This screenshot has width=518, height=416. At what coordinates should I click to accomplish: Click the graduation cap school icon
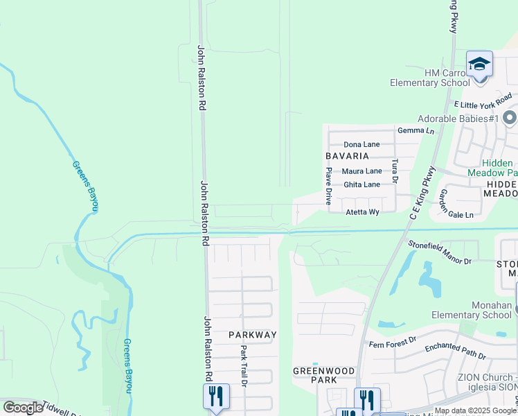click(479, 65)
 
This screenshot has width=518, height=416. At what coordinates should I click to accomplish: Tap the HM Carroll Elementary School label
click(429, 78)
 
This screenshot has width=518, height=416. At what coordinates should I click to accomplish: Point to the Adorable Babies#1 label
click(458, 119)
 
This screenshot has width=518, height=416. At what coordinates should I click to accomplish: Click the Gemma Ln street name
click(416, 130)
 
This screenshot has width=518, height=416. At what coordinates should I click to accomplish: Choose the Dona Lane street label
click(362, 144)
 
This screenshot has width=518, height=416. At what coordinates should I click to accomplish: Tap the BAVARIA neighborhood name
click(348, 157)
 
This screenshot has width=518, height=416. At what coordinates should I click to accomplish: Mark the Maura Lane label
click(362, 171)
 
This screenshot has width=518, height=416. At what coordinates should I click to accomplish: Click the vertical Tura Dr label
click(395, 171)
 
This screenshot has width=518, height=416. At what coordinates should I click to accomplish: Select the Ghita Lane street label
click(362, 184)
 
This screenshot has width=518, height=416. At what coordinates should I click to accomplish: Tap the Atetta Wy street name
click(364, 212)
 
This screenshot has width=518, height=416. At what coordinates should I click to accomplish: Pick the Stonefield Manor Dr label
click(440, 253)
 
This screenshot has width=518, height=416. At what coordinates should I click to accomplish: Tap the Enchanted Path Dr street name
click(455, 351)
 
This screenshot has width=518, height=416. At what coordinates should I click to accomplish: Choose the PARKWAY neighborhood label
click(253, 334)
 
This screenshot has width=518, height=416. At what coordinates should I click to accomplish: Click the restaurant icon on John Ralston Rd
click(216, 396)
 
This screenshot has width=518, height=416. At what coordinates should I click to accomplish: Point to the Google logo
click(23, 408)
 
